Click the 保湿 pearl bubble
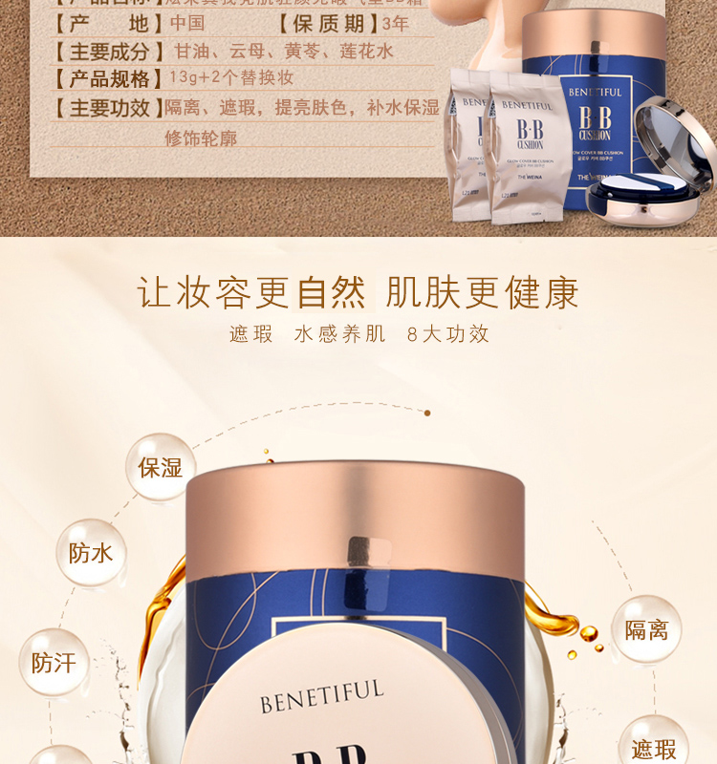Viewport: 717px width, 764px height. [160, 467]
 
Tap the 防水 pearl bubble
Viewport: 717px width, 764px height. [91, 553]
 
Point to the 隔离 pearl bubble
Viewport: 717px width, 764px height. [646, 629]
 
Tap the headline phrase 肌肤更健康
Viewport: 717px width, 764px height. [483, 292]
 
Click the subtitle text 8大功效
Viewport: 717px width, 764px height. [447, 334]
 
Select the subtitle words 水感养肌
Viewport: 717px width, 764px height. [340, 334]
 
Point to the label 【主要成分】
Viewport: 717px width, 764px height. [102, 52]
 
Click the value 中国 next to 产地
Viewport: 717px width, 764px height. [187, 23]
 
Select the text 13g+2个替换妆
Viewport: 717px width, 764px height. [231, 78]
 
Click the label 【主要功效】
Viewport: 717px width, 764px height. [102, 108]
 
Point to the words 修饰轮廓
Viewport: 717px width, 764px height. [201, 138]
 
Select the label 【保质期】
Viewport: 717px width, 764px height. [327, 23]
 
